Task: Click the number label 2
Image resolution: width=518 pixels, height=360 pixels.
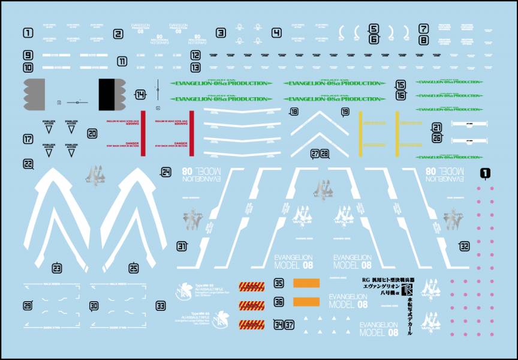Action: [x=118, y=34]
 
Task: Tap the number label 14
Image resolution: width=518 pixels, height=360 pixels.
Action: [x=140, y=94]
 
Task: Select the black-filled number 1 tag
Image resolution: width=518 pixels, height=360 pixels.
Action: [x=485, y=173]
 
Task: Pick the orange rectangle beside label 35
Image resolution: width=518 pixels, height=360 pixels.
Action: [x=306, y=283]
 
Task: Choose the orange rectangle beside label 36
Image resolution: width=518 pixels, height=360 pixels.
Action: [x=306, y=302]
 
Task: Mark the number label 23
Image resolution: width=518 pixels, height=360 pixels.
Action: [x=57, y=268]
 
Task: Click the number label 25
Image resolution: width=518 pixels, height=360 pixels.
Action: [x=134, y=268]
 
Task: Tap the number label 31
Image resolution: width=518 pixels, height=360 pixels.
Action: [x=182, y=245]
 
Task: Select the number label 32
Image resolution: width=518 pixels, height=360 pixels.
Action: [x=465, y=245]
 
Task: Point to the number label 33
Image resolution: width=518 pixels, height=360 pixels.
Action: [x=160, y=305]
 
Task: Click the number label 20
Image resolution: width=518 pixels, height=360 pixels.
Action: [x=92, y=134]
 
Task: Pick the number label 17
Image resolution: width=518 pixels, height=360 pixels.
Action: [x=28, y=139]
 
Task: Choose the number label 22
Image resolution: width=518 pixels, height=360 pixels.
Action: [x=28, y=163]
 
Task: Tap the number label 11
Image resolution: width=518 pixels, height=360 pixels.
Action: [x=122, y=61]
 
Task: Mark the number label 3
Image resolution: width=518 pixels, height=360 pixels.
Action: [x=221, y=33]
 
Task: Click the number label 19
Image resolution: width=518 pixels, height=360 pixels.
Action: [x=345, y=112]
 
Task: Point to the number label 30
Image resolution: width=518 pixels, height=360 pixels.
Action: [x=94, y=305]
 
